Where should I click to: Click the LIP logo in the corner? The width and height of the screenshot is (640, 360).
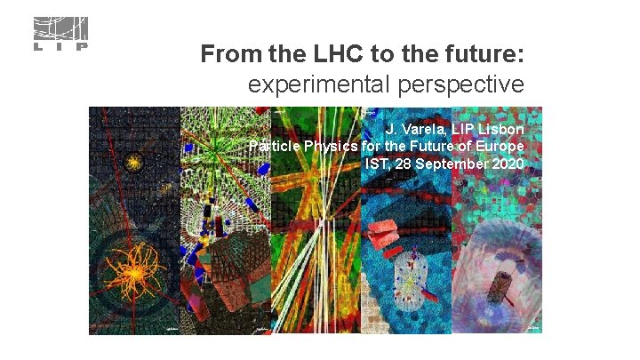coord(60,34)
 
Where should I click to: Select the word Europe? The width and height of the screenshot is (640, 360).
coord(500,146)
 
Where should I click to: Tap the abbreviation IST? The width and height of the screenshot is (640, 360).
coord(378,164)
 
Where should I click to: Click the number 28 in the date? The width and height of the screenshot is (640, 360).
coord(406,164)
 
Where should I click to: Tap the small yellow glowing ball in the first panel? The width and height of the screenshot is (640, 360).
coord(135,162)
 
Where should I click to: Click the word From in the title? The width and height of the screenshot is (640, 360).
coord(229,55)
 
